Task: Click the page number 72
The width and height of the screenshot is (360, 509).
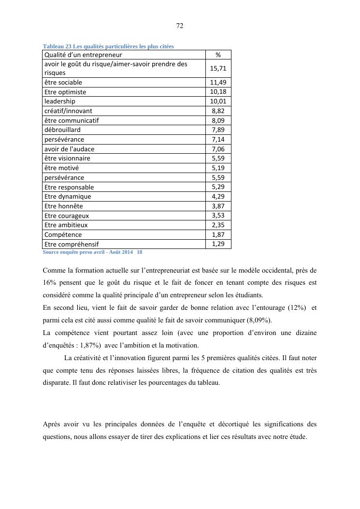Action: point(180,26)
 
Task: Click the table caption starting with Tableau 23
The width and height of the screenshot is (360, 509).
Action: point(108,46)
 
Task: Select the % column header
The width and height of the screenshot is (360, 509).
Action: point(218,55)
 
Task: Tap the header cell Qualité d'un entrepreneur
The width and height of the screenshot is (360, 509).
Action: point(83,55)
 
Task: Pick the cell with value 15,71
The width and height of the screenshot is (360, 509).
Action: point(218,68)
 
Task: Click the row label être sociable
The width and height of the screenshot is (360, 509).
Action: point(63,82)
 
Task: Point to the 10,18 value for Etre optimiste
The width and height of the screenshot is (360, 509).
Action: point(218,92)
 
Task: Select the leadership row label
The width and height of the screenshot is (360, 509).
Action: point(60,102)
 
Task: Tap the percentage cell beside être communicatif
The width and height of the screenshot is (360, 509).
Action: point(218,120)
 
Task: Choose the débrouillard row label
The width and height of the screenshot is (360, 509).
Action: point(62,130)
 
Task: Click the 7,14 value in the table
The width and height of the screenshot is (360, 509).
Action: point(218,139)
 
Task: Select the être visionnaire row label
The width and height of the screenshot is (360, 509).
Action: point(67,158)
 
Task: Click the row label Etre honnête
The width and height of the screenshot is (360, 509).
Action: point(64,206)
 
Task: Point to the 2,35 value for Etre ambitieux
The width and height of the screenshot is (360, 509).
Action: point(218,225)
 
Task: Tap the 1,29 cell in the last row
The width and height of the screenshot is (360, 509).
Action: point(218,244)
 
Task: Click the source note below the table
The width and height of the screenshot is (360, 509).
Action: point(92,252)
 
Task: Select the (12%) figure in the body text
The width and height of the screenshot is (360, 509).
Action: point(296,308)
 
